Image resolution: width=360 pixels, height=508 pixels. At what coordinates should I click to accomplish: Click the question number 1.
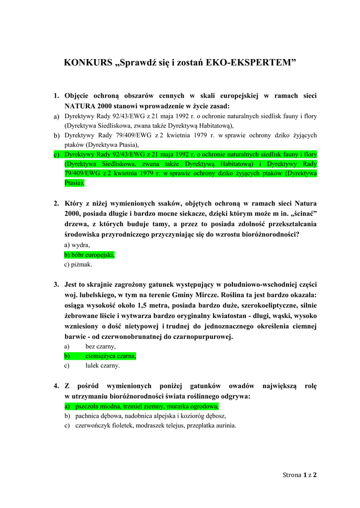tap(56, 95)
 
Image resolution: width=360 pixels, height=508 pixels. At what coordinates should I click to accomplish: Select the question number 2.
tap(56, 203)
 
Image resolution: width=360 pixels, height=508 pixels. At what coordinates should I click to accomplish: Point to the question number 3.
tap(56, 284)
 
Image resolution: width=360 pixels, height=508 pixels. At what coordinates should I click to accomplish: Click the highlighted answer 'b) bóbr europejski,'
tap(89, 254)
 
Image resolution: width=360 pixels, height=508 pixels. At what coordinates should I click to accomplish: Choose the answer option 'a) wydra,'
tap(77, 245)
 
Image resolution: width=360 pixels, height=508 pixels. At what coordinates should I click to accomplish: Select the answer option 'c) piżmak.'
tap(78, 264)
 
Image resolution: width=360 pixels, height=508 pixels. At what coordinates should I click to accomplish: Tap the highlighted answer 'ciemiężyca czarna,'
tap(111, 356)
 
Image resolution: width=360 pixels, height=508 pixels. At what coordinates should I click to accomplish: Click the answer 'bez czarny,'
tap(101, 346)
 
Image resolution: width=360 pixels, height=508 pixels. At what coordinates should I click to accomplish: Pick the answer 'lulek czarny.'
tap(103, 366)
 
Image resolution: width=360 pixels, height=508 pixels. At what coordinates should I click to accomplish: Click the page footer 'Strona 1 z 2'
tap(300, 475)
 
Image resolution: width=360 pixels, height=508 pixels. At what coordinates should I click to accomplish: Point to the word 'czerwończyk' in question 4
tap(93, 426)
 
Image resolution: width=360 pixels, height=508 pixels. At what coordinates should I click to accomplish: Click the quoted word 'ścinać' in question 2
tap(303, 213)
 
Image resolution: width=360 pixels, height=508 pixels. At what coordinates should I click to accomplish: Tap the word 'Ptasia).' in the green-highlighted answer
tap(75, 183)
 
